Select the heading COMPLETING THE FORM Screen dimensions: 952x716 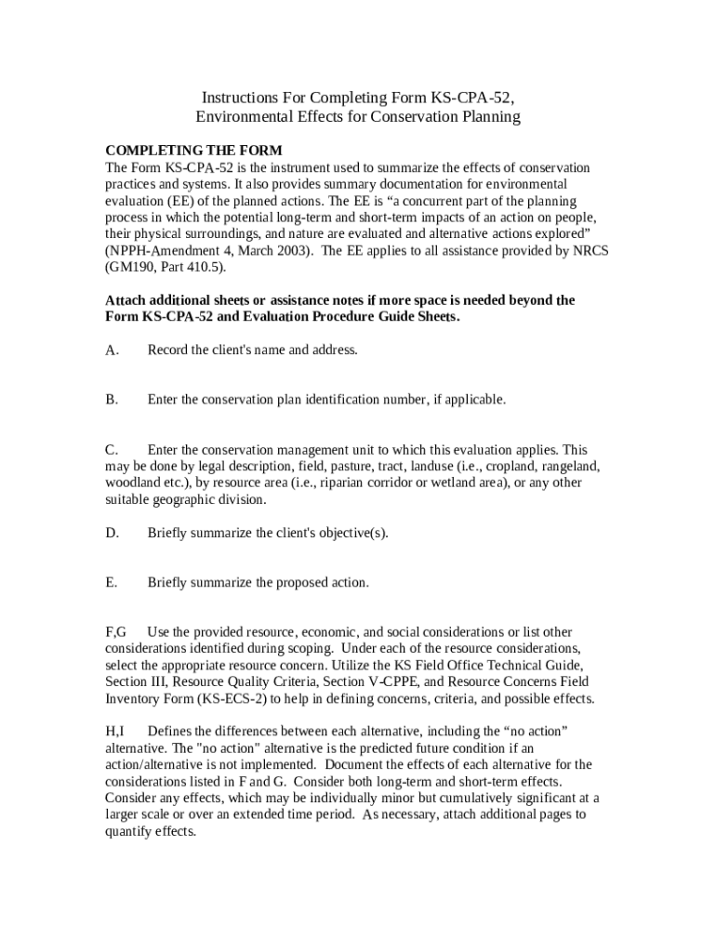(x=193, y=151)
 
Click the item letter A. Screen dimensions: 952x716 (x=111, y=350)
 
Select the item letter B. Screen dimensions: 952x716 (x=111, y=400)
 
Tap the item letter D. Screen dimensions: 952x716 (x=111, y=534)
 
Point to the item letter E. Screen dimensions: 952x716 (x=111, y=583)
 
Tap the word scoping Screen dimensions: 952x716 (x=311, y=649)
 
